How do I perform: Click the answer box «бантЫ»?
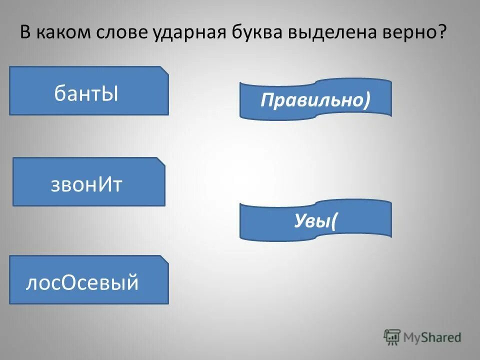88,91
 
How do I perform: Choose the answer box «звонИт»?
88,182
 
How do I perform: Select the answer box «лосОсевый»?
88,280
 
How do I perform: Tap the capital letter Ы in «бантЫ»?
109,93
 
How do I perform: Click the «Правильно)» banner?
315,99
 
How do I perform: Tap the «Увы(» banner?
315,220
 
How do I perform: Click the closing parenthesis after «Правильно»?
367,100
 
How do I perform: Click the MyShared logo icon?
392,336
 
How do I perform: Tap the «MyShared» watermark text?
431,337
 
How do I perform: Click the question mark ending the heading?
441,34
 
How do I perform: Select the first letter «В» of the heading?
25,34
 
